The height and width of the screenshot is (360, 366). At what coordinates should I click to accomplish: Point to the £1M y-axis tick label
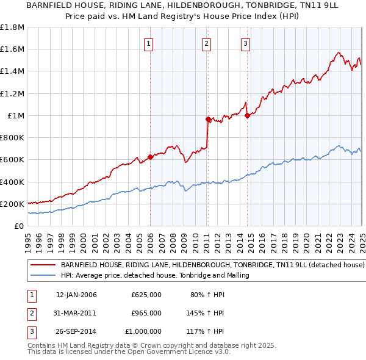(x=16, y=116)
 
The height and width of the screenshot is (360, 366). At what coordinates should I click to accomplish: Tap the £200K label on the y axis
(x=12, y=204)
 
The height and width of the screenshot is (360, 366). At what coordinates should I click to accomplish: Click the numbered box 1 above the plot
(x=149, y=43)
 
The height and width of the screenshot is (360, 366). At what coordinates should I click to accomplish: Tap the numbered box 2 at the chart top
(x=207, y=43)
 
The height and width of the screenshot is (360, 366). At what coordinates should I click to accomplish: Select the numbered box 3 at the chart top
(x=245, y=43)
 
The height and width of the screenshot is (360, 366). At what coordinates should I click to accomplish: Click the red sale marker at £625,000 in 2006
(x=150, y=157)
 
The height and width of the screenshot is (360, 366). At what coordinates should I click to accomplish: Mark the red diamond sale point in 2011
(x=208, y=120)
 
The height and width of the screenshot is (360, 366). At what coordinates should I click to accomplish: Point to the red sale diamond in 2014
(x=247, y=115)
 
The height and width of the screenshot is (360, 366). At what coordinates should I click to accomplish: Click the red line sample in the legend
(x=43, y=265)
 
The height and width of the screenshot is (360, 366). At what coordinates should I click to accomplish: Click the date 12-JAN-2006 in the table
(x=76, y=295)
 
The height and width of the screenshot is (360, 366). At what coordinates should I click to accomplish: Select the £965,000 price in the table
(x=146, y=313)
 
